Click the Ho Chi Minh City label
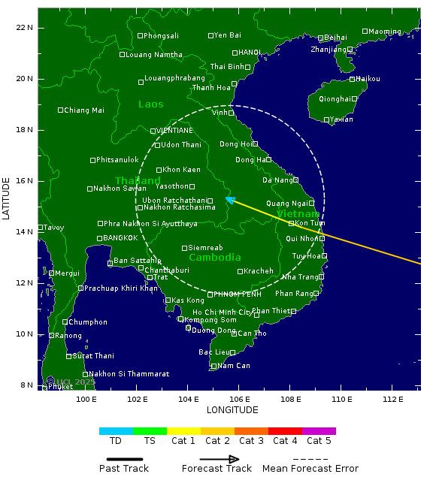[222, 312]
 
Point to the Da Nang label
[277, 180]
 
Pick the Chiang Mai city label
[84, 110]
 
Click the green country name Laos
[150, 104]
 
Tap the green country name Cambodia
[215, 257]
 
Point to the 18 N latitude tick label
[25, 129]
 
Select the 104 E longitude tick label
[188, 398]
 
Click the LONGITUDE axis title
[232, 410]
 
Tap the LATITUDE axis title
[7, 198]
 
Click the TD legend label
[116, 441]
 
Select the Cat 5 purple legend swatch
[319, 431]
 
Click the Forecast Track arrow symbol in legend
[219, 459]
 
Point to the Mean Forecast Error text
[310, 469]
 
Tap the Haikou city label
[368, 79]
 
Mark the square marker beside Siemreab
[184, 248]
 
